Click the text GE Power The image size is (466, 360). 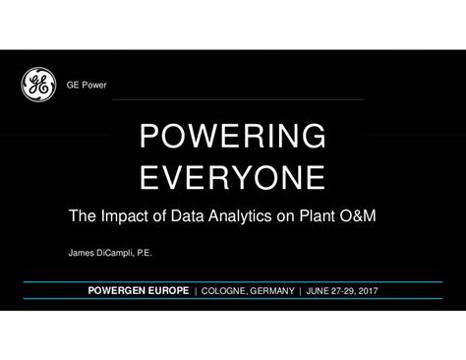(87, 86)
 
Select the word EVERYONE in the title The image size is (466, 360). (232, 178)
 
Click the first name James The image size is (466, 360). (82, 252)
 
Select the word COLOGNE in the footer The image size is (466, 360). (225, 292)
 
